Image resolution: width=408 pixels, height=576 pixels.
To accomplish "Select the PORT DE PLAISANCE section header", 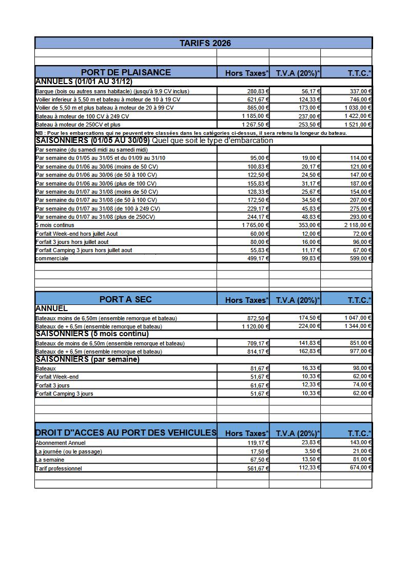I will (126, 72).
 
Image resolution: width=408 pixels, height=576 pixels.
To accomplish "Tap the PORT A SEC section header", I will (126, 299).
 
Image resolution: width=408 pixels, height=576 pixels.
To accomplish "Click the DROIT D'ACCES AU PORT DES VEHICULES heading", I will (126, 433).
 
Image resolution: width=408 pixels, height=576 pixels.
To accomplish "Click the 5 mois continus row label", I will (55, 225).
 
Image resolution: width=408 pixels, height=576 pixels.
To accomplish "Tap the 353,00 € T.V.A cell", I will (308, 225).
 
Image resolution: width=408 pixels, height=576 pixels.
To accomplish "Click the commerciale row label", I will (52, 258).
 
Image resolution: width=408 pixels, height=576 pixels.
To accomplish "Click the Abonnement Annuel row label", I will (61, 443).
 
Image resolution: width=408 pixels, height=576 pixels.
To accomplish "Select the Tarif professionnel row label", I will (59, 468).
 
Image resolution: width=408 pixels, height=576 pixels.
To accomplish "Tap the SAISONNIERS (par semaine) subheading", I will (87, 359).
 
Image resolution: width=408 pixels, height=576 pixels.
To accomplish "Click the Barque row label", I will (112, 91).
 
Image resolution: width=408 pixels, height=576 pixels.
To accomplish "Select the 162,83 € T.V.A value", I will (308, 351).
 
